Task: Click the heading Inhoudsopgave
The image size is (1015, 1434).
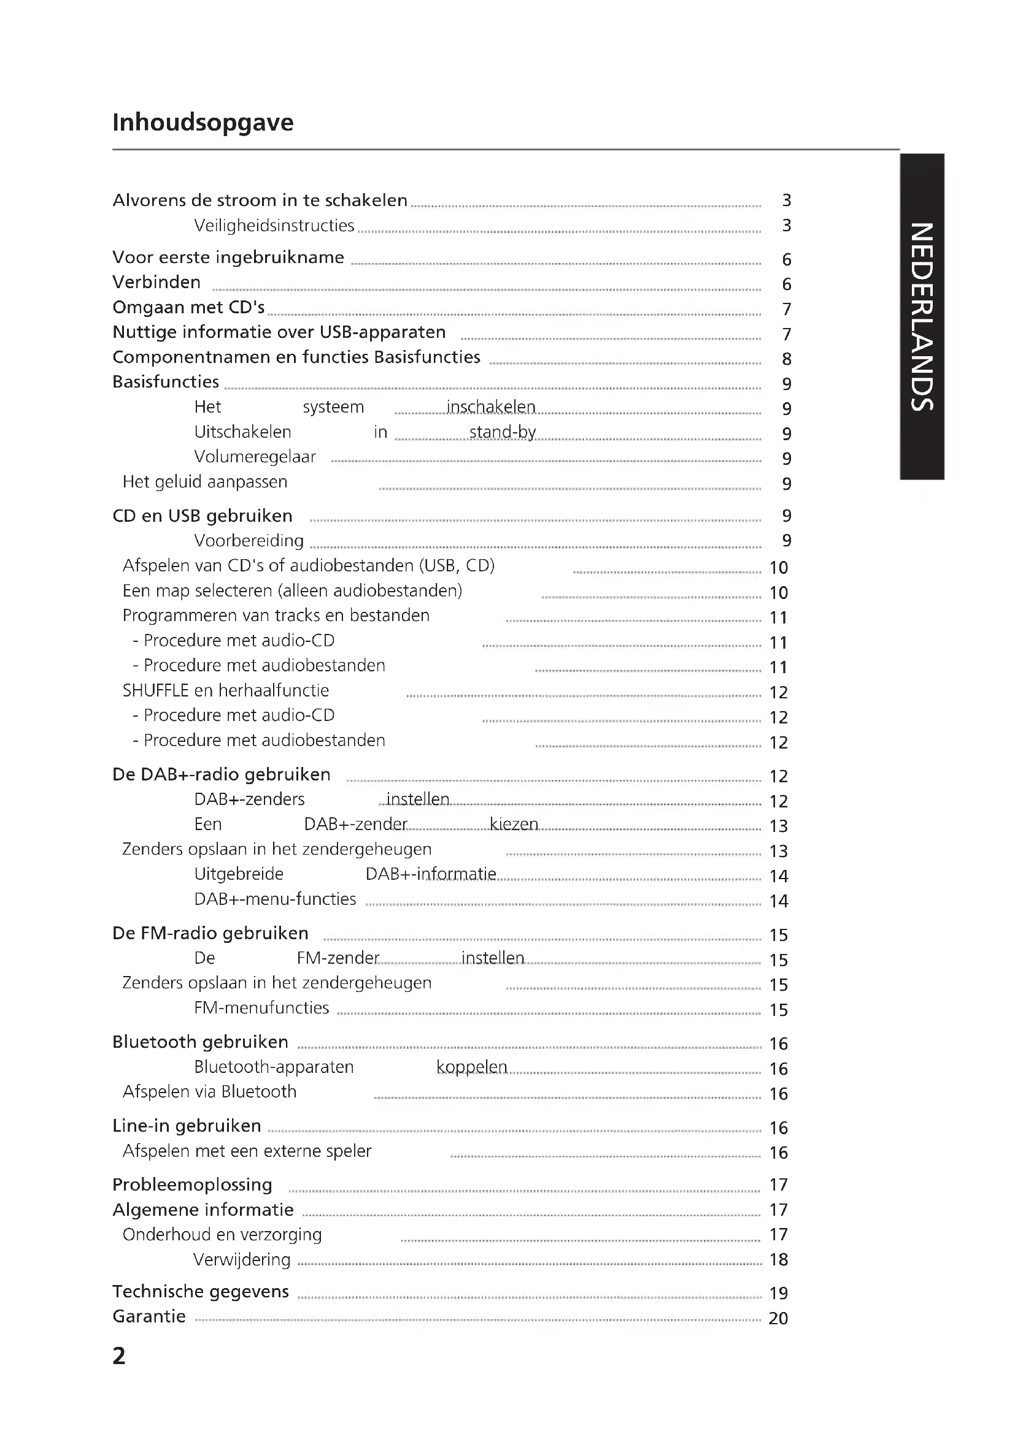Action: coord(203,123)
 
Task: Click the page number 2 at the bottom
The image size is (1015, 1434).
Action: coord(119,1356)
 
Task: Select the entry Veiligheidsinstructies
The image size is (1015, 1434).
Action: coord(274,226)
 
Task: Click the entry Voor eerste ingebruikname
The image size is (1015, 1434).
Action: coord(228,257)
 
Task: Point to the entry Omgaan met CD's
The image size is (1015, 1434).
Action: coord(188,307)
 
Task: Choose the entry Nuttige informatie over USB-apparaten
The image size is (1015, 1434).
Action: coord(279,332)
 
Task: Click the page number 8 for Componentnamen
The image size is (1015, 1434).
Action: coord(786,359)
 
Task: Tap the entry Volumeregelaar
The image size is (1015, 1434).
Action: coord(255,457)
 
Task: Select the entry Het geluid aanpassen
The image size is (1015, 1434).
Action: coord(205,482)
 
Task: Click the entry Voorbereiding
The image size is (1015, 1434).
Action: coord(249,541)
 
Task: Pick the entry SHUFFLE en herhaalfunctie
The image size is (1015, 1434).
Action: coord(226,691)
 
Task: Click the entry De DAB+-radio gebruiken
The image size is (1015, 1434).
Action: coord(222,774)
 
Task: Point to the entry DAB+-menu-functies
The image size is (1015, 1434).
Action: coord(275,899)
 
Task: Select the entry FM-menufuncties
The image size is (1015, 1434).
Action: coord(261,1008)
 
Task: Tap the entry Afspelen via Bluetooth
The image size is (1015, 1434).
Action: coord(209,1092)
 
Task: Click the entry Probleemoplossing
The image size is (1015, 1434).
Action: coord(192,1185)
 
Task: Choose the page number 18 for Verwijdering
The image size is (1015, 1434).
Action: coord(778,1260)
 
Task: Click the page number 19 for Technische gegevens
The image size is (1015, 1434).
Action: coord(778,1294)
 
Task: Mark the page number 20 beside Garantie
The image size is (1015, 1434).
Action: coord(778,1319)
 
